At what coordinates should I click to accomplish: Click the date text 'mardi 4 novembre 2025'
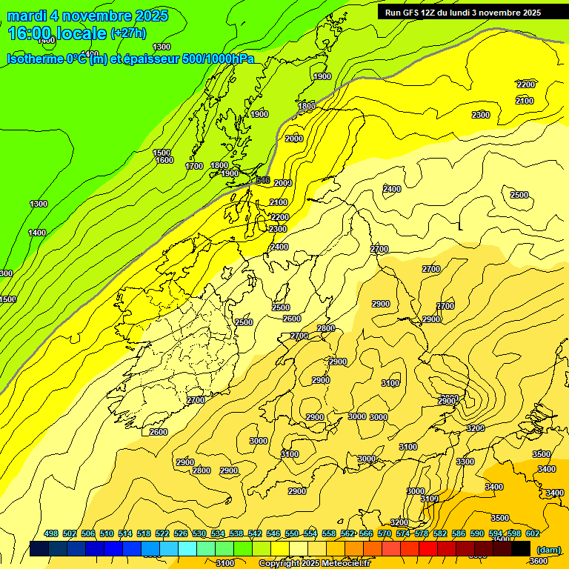[87, 16]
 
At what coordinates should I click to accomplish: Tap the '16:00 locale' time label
[57, 33]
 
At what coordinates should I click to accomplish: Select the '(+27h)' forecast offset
[128, 33]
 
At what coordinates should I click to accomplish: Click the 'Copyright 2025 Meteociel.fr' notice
[314, 564]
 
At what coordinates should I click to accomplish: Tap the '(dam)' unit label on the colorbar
[548, 549]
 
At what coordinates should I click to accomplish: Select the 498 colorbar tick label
[51, 533]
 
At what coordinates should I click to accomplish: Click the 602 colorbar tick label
[532, 533]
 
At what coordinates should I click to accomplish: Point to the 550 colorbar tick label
[291, 533]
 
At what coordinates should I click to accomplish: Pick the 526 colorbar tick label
[181, 533]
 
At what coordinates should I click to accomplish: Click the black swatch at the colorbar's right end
[520, 548]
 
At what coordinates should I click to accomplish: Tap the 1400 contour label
[37, 233]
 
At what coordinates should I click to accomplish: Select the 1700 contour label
[194, 166]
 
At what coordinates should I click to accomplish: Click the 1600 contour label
[164, 160]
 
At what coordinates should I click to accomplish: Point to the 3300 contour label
[465, 462]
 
